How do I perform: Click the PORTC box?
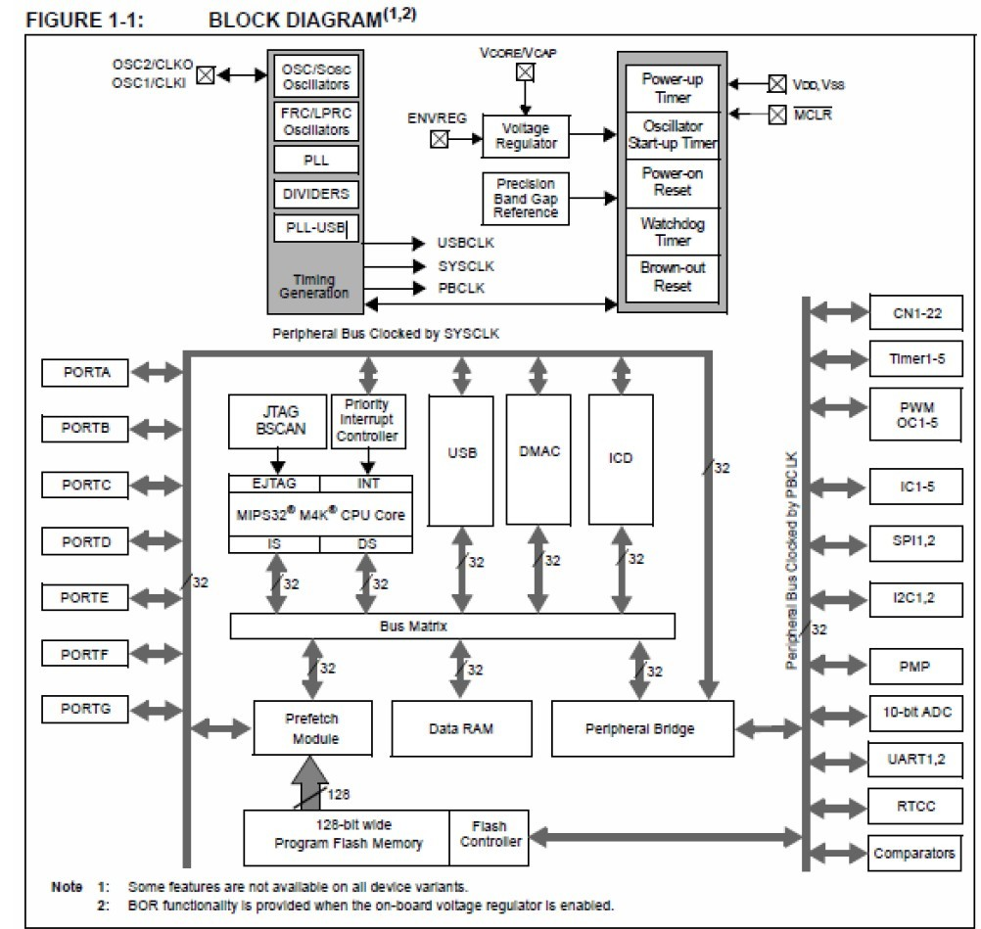click(86, 486)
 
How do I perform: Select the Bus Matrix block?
click(451, 626)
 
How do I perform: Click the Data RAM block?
click(460, 728)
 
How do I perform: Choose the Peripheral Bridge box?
click(642, 728)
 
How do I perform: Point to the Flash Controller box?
click(490, 834)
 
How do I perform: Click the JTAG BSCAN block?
click(277, 421)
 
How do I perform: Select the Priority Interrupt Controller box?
click(368, 420)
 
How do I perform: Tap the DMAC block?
click(537, 452)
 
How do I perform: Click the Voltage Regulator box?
click(525, 135)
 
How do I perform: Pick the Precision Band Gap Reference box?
click(525, 199)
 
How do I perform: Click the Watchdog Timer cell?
click(673, 232)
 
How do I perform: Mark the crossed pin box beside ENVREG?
click(440, 139)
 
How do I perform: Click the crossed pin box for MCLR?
click(776, 116)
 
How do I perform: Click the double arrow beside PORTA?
click(156, 372)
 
